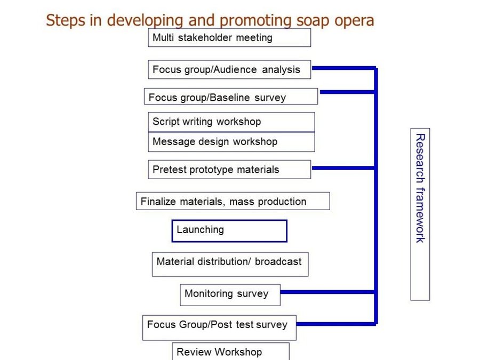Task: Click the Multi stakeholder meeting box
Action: point(229,38)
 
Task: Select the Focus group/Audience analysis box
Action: point(229,69)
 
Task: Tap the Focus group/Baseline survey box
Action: point(231,97)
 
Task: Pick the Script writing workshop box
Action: point(231,122)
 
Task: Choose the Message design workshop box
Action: point(231,142)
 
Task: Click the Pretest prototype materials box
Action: point(229,169)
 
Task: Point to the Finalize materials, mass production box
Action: point(233,201)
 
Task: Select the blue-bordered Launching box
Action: point(229,231)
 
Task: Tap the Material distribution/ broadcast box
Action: point(230,264)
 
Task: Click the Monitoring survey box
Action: point(230,295)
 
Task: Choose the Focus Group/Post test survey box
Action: point(220,327)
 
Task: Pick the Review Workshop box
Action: point(230,351)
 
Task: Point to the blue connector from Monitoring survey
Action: point(327,292)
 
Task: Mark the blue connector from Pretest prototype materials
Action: point(342,168)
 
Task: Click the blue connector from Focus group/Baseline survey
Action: point(347,92)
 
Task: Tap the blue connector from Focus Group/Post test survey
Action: point(335,324)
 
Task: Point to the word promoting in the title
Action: point(255,21)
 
